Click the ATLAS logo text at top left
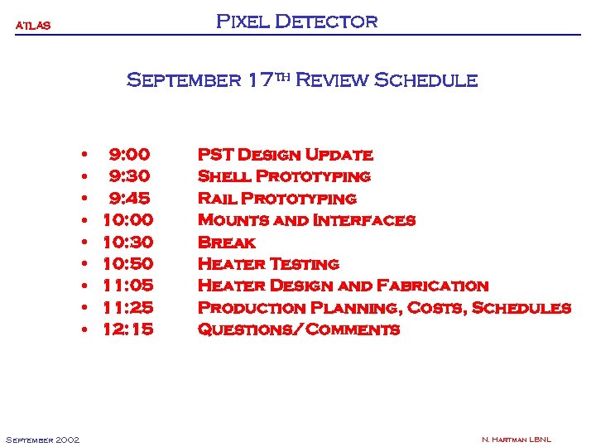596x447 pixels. [x=34, y=26]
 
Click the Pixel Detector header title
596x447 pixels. [x=296, y=22]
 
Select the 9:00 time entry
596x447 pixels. [x=129, y=155]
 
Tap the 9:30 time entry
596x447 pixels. [x=129, y=176]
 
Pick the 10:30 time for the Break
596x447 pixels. [x=127, y=243]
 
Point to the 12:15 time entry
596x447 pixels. [x=127, y=329]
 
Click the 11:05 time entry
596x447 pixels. [x=127, y=286]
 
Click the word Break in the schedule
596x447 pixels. [x=227, y=243]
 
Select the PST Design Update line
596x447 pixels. [x=285, y=155]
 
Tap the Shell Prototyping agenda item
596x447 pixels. [x=284, y=176]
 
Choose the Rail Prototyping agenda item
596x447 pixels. [x=276, y=199]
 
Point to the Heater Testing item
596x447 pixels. [x=268, y=264]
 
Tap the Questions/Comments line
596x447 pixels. [x=298, y=329]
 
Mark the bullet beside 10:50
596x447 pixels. [x=84, y=264]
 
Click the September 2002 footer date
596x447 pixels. [x=42, y=440]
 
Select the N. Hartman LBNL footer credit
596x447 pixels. [x=516, y=440]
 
